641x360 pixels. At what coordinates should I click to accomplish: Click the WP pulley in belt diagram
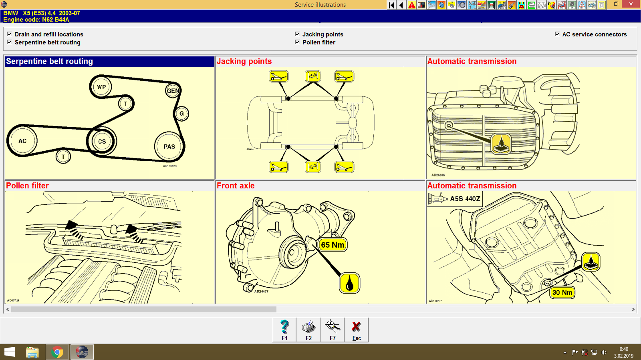pos(101,87)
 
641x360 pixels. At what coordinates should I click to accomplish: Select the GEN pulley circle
pos(173,91)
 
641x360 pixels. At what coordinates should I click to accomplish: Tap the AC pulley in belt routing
pos(22,141)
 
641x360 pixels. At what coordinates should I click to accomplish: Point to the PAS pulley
pos(169,146)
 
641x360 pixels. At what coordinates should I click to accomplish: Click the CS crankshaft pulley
pos(102,141)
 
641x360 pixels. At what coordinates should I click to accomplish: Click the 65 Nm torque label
pos(333,245)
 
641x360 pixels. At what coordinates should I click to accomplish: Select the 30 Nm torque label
pos(562,292)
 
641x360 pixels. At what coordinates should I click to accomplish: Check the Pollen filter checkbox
pos(297,42)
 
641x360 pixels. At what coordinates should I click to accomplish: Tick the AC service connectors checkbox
pos(557,34)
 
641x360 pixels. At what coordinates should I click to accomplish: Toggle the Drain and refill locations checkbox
pos(9,34)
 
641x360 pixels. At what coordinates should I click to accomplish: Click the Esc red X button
pos(356,330)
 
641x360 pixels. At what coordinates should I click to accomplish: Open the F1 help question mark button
pos(284,330)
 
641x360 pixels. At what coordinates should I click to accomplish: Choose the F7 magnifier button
pos(333,330)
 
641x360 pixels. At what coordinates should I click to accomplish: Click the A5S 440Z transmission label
pos(465,199)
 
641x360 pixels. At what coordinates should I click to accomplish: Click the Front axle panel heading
pos(236,186)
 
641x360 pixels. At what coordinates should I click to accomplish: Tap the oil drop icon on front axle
pos(349,283)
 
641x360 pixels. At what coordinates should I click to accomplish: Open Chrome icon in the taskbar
pos(57,352)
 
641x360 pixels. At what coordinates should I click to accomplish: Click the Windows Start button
pos(10,352)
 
